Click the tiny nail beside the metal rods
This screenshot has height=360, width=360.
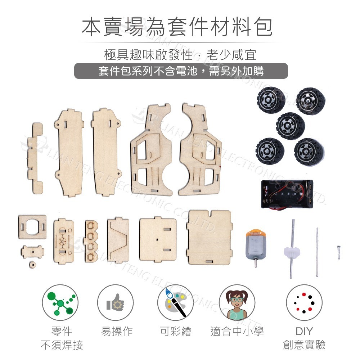coord(339,249)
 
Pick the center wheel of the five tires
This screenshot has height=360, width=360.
coord(291,126)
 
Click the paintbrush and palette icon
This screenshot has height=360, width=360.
coord(176,302)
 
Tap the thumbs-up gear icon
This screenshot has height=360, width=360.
coord(116,302)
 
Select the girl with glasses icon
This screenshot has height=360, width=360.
coord(237,302)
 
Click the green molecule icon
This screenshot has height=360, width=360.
coord(60,302)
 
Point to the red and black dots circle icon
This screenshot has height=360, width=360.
coord(304,302)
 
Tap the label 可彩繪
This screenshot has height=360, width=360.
coord(176,331)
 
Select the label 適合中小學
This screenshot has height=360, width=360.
coord(237,331)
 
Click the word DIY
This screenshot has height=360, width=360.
coord(304,331)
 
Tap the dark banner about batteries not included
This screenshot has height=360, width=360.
coord(181,71)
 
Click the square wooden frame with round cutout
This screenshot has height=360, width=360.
coord(32,227)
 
